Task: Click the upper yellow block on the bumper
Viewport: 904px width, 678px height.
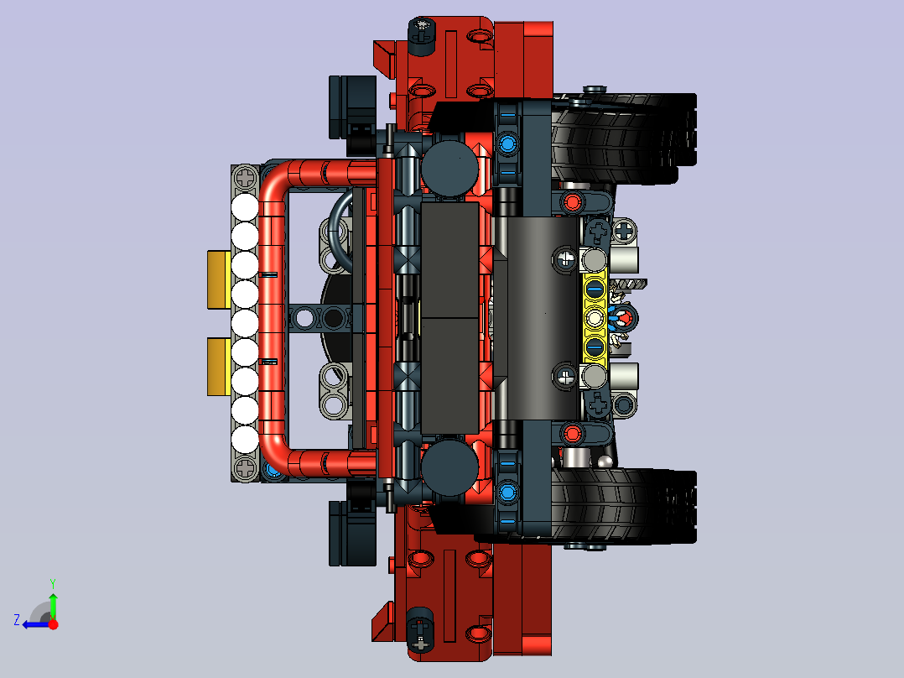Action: click(219, 280)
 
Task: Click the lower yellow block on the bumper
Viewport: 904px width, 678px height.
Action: click(219, 367)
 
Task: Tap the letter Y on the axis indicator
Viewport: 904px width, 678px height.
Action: click(53, 583)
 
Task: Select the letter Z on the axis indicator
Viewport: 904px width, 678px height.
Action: click(17, 620)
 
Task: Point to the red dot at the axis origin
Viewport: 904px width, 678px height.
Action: click(53, 624)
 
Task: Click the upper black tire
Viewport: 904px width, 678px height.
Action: click(622, 138)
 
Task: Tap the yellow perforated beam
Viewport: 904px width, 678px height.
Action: click(595, 318)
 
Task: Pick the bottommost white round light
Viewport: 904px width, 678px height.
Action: click(245, 440)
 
